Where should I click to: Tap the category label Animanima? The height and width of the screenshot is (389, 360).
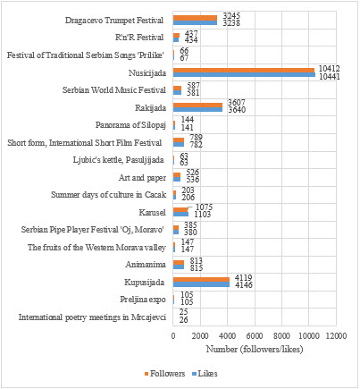point(147,264)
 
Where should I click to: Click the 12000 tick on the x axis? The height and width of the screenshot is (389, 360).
point(336,335)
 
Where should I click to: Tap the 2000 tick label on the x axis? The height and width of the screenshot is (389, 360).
point(200,335)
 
